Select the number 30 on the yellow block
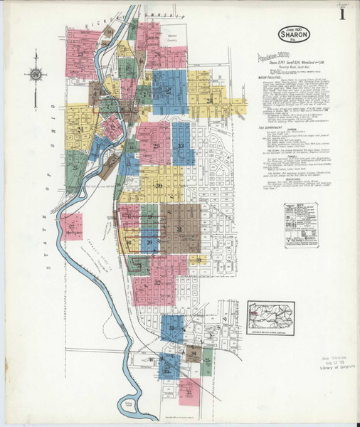159,186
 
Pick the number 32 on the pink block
157,282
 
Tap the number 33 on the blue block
181,146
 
